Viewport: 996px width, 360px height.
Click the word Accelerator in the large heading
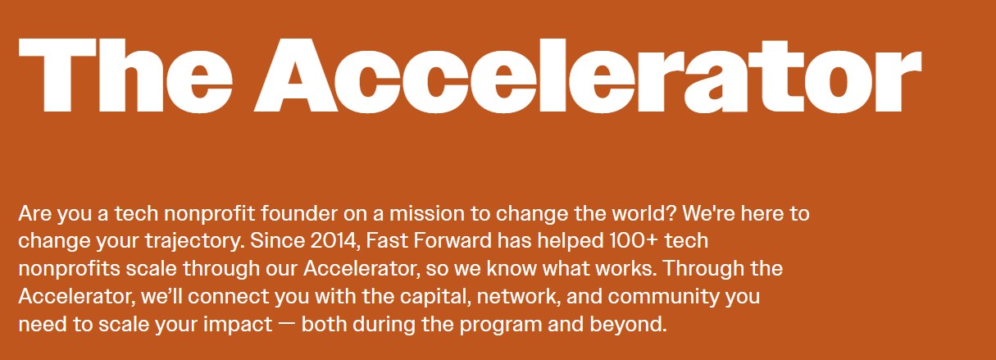pyautogui.click(x=588, y=75)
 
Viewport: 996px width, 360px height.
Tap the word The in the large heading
pyautogui.click(x=125, y=75)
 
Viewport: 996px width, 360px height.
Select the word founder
pyautogui.click(x=299, y=214)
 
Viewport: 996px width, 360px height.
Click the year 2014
pyautogui.click(x=334, y=241)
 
